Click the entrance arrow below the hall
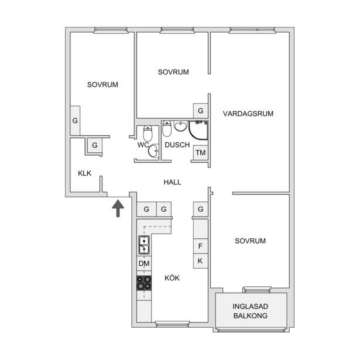click(118, 208)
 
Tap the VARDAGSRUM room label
click(248, 114)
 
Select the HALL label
click(172, 182)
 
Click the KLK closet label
click(84, 173)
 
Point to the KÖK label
click(172, 278)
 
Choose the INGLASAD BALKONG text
click(251, 311)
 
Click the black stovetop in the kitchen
click(144, 283)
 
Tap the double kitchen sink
click(144, 245)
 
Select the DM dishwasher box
click(144, 263)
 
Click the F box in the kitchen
click(200, 246)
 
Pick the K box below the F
click(200, 261)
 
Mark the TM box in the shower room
click(200, 153)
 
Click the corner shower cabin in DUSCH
click(198, 131)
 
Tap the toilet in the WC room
click(148, 133)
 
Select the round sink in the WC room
click(153, 150)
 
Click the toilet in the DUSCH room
click(167, 129)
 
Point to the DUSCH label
click(177, 145)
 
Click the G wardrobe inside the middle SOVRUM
click(201, 111)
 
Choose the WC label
click(143, 145)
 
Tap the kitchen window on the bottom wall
click(172, 324)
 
